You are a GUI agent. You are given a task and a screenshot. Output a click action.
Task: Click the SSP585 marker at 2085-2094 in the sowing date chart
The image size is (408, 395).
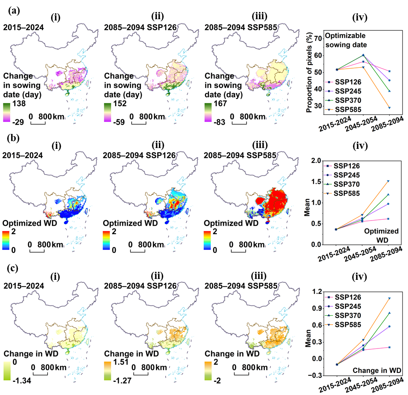389,107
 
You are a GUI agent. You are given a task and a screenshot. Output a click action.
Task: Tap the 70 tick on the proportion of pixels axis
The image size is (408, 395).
318,38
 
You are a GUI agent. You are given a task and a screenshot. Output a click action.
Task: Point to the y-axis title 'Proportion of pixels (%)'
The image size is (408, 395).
309,73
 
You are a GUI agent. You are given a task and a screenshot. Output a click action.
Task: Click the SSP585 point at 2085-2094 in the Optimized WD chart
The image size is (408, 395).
388,181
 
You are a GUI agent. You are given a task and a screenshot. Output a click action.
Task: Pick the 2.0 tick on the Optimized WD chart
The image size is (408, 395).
316,160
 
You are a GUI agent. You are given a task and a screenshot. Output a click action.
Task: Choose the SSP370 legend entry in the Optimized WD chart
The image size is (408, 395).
342,184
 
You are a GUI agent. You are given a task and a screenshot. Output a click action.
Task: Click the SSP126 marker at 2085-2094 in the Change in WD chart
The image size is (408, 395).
389,347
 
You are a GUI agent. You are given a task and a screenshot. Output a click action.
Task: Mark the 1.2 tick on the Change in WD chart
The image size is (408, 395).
317,292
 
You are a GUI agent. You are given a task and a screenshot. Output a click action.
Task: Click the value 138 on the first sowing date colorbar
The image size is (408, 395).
19,103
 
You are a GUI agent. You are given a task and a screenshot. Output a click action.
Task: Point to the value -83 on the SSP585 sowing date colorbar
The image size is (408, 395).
219,122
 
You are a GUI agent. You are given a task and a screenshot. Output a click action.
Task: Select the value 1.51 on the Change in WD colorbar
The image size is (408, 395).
121,362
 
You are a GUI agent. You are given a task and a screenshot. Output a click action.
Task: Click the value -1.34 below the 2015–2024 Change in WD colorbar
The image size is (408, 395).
22,380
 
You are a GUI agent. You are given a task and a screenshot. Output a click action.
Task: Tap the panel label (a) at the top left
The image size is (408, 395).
14,11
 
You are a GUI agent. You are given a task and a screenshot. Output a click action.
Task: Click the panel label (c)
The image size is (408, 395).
12,268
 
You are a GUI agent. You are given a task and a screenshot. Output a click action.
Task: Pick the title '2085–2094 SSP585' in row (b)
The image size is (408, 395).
240,155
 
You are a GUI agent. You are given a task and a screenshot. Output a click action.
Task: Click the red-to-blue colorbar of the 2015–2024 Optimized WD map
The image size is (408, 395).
6,241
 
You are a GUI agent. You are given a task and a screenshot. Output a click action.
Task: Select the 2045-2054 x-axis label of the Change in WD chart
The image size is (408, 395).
362,385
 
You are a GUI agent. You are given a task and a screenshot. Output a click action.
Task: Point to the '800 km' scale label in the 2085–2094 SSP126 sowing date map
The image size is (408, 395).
152,116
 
